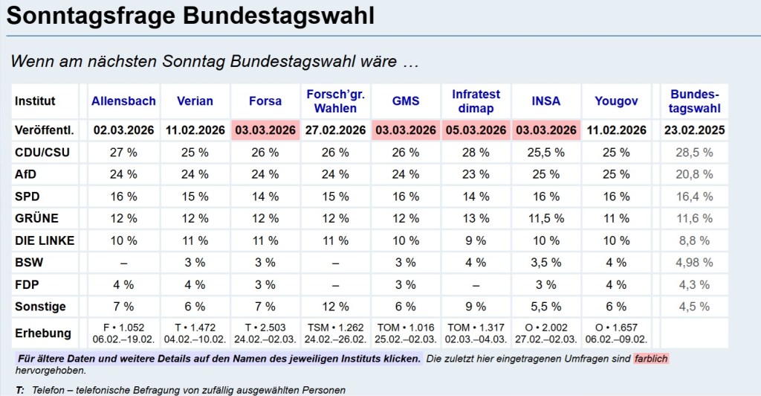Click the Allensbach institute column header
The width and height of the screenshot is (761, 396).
tap(123, 100)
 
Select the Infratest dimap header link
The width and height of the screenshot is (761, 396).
tap(476, 100)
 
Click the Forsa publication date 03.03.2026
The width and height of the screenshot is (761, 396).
tap(265, 130)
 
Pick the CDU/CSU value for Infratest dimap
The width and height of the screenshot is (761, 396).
tap(476, 153)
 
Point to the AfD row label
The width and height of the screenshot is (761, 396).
tap(27, 175)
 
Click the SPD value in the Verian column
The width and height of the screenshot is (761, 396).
tap(194, 197)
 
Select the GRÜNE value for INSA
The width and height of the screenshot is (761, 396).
tap(546, 219)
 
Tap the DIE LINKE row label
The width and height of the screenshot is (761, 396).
tap(45, 241)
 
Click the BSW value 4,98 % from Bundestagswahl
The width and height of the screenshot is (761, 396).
tap(694, 263)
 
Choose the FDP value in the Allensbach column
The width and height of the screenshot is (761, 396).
tap(123, 285)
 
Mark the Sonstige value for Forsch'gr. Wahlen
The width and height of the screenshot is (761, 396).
tap(335, 307)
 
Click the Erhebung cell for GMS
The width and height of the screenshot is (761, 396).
tap(406, 333)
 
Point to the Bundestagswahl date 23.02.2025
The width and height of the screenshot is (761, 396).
tap(694, 130)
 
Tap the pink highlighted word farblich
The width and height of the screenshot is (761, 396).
tap(652, 359)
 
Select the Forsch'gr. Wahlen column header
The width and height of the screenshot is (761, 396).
tap(335, 100)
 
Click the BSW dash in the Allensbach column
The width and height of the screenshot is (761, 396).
tap(123, 263)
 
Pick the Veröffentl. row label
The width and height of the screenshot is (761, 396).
tap(45, 130)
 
